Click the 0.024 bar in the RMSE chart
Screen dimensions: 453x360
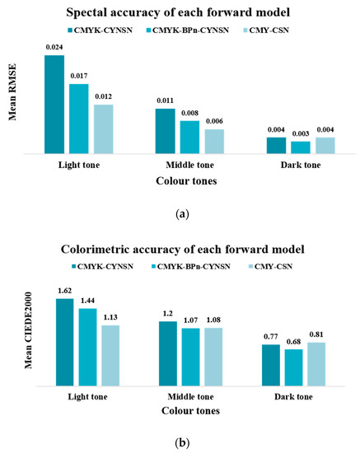tap(54, 105)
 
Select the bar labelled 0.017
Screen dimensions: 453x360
tap(79, 119)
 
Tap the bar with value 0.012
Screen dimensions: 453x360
tap(103, 129)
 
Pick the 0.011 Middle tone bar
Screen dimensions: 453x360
tap(166, 132)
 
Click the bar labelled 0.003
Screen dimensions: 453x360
tap(277, 148)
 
